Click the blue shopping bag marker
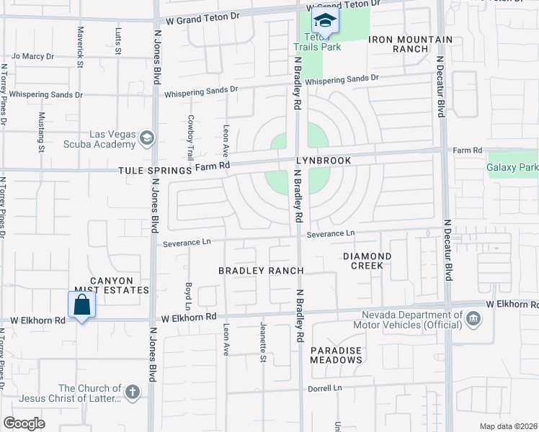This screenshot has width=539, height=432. pos(81,305)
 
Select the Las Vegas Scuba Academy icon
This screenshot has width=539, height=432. pos(147,137)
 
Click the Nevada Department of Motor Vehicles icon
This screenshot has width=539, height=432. pos(473,318)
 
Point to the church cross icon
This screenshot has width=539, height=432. pos(131,392)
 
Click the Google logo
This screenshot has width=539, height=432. pos(24,423)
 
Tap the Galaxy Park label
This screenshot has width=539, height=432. pos(512,167)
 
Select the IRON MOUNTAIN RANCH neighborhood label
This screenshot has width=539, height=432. pos(411,44)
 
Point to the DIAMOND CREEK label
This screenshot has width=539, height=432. pos(367,261)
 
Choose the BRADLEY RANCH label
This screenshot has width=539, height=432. pos(261,270)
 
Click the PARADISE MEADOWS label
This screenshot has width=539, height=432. pos(337,354)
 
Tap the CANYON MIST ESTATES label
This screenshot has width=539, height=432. pos(120,285)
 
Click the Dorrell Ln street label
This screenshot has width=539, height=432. pos(325,387)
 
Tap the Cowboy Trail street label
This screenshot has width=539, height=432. pos(190,137)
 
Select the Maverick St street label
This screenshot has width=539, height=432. pos(81,45)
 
